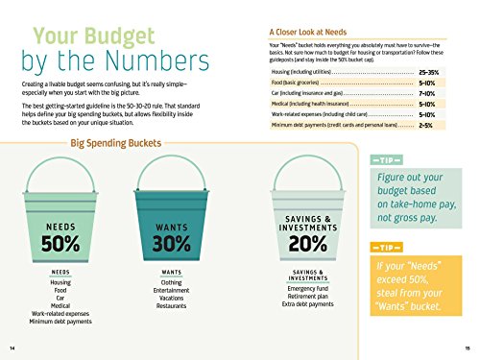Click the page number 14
coord(12,347)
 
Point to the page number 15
coord(465,347)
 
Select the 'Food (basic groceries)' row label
coord(301,83)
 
